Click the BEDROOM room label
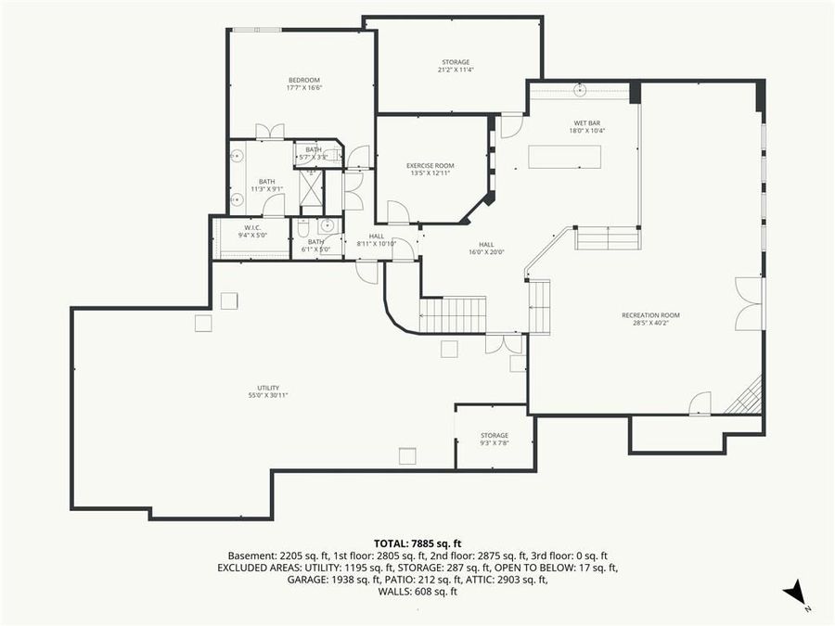(303, 80)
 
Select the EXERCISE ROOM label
(430, 166)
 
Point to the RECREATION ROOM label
(650, 315)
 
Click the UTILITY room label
(268, 389)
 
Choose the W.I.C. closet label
(252, 228)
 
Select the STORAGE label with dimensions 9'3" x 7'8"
(495, 435)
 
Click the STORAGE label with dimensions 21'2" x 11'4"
(456, 63)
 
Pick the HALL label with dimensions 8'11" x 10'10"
(377, 236)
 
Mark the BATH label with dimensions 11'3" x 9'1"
(267, 182)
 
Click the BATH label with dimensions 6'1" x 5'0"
(315, 242)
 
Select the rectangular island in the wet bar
(564, 158)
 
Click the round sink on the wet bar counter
(581, 90)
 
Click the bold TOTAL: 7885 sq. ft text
(417, 543)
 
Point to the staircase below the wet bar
(607, 238)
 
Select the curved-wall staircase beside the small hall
(453, 314)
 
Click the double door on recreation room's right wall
(749, 303)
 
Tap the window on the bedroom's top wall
(256, 30)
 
